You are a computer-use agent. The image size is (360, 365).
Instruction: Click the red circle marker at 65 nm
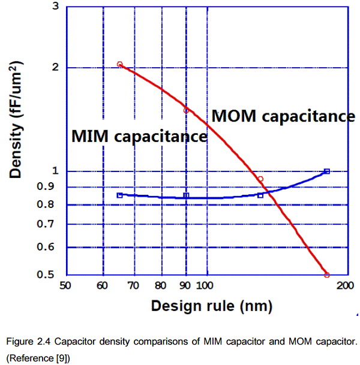pyautogui.click(x=119, y=64)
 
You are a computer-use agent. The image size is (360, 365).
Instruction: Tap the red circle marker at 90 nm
pyautogui.click(x=186, y=110)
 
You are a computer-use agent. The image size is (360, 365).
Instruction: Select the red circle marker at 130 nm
pyautogui.click(x=260, y=179)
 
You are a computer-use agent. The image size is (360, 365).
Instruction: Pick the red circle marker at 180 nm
pyautogui.click(x=327, y=275)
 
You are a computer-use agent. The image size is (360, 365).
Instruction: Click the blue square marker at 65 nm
pyautogui.click(x=119, y=195)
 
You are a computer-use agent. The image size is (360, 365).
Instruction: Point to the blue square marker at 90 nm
pyautogui.click(x=186, y=195)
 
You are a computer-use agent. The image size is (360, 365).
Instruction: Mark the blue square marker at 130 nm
pyautogui.click(x=260, y=195)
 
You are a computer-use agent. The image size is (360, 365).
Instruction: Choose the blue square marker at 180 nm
pyautogui.click(x=327, y=171)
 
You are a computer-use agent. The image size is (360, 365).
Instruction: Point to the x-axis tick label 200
pyautogui.click(x=344, y=286)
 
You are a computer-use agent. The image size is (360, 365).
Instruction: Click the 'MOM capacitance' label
pyautogui.click(x=283, y=116)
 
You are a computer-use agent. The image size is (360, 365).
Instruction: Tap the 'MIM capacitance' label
pyautogui.click(x=139, y=136)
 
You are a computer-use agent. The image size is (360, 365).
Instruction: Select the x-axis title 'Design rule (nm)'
pyautogui.click(x=211, y=306)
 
